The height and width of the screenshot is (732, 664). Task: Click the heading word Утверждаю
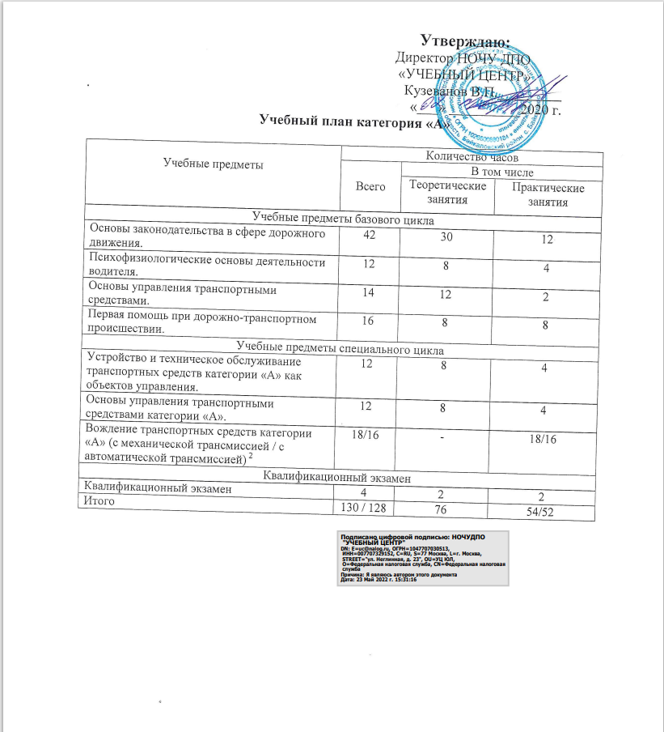pos(465,40)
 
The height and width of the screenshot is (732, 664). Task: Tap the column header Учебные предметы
pos(213,164)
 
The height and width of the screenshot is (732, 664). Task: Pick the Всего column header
pos(370,186)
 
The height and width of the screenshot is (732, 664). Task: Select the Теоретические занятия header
pos(448,192)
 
